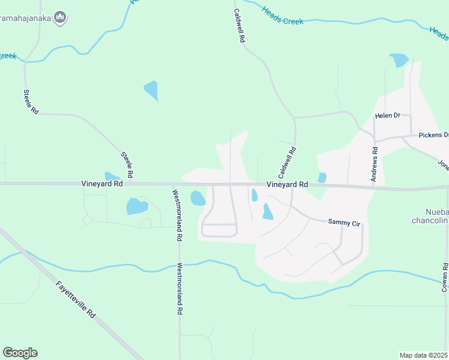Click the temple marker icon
pyautogui.click(x=59, y=18)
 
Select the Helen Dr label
pyautogui.click(x=387, y=115)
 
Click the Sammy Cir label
pyautogui.click(x=344, y=222)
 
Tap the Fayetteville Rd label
pyautogui.click(x=76, y=300)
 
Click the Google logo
pyautogui.click(x=20, y=353)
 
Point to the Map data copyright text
pyautogui.click(x=424, y=355)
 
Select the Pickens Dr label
pyautogui.click(x=433, y=135)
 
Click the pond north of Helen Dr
pyautogui.click(x=399, y=60)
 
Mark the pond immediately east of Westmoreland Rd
pyautogui.click(x=197, y=198)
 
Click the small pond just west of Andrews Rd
pyautogui.click(x=322, y=178)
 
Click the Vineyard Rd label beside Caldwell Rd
pyautogui.click(x=287, y=185)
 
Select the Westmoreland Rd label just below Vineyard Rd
pyautogui.click(x=176, y=215)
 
